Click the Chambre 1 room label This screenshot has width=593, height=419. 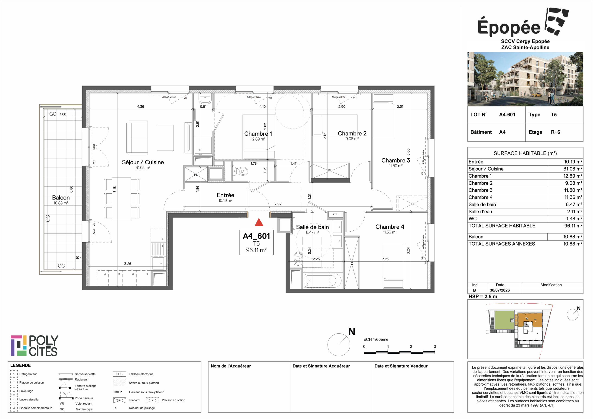(258, 134)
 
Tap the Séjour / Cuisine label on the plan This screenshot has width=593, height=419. (143, 162)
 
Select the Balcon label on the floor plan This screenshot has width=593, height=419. (61, 198)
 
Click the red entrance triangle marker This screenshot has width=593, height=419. (259, 222)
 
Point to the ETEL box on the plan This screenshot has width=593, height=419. (335, 214)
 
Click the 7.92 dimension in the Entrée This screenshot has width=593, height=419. (278, 204)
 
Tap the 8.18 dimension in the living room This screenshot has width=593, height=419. (115, 189)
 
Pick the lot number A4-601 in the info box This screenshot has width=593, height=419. (507, 115)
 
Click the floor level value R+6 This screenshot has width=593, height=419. (555, 132)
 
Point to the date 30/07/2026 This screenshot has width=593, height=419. (500, 290)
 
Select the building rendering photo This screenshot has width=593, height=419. (525, 79)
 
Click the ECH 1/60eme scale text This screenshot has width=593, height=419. (376, 339)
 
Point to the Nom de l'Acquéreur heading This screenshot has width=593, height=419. (231, 366)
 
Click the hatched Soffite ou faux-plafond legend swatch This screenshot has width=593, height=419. (119, 382)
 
